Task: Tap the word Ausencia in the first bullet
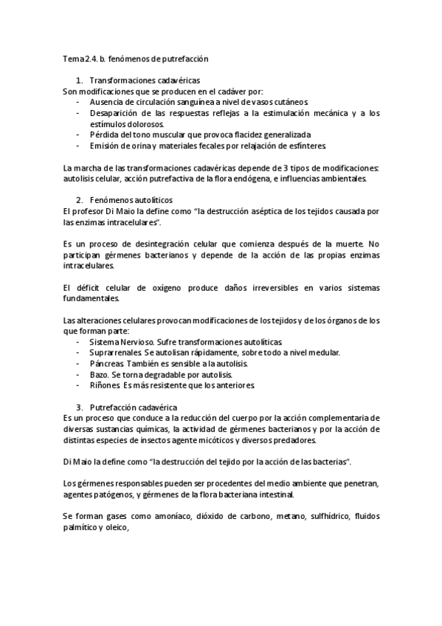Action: [x=106, y=101]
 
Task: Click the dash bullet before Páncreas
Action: [x=78, y=365]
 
